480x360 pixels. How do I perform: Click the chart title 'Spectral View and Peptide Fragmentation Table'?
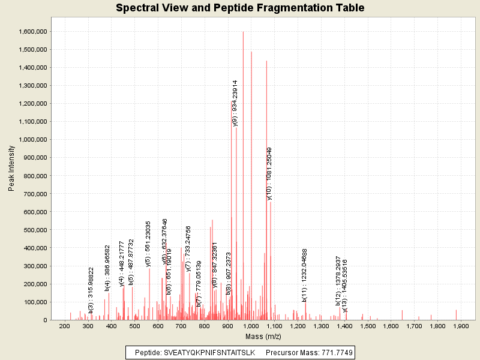tap(240, 8)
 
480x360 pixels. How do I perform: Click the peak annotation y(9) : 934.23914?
tap(235, 103)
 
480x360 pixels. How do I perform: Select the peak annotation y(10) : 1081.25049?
tap(269, 173)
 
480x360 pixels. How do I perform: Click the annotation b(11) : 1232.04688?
tap(305, 275)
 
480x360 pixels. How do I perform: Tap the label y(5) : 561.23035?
tap(148, 244)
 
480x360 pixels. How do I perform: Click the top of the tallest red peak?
tap(243, 32)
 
